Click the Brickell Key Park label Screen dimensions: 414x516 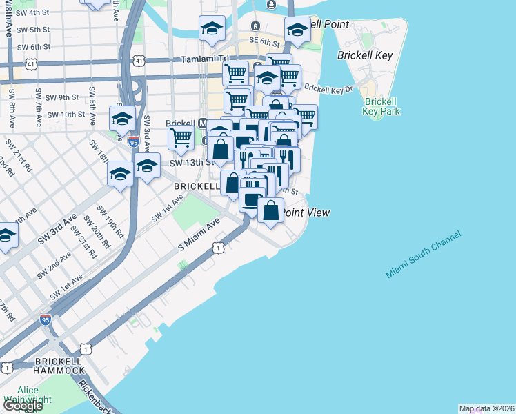(x=380, y=106)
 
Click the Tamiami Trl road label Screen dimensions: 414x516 (x=203, y=59)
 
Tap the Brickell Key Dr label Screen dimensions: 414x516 (x=328, y=89)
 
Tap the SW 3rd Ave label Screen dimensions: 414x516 (x=57, y=229)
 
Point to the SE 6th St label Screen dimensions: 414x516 (x=262, y=41)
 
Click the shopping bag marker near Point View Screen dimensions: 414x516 (x=272, y=211)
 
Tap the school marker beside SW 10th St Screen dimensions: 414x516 (x=122, y=117)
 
